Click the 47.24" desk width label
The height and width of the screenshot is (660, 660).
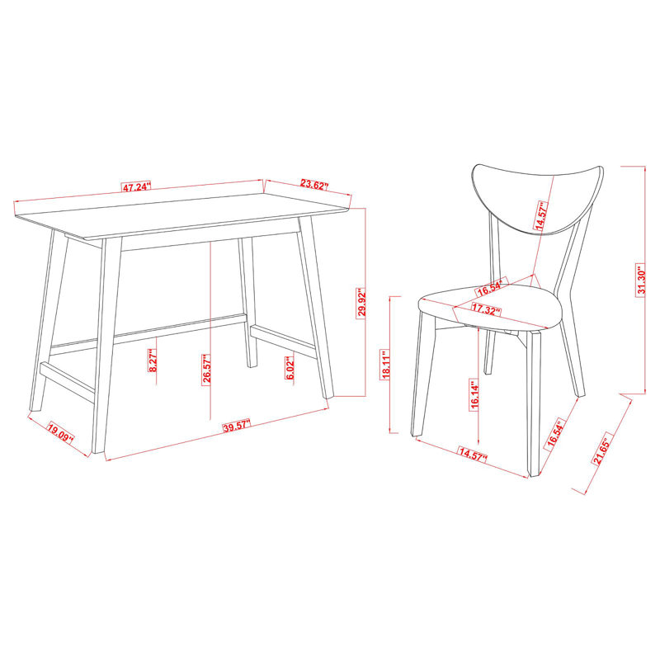(x=137, y=187)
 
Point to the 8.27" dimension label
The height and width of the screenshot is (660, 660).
(x=153, y=361)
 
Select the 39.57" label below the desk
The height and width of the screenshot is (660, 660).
(x=237, y=427)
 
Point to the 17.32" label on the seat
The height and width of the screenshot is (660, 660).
(x=488, y=309)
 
